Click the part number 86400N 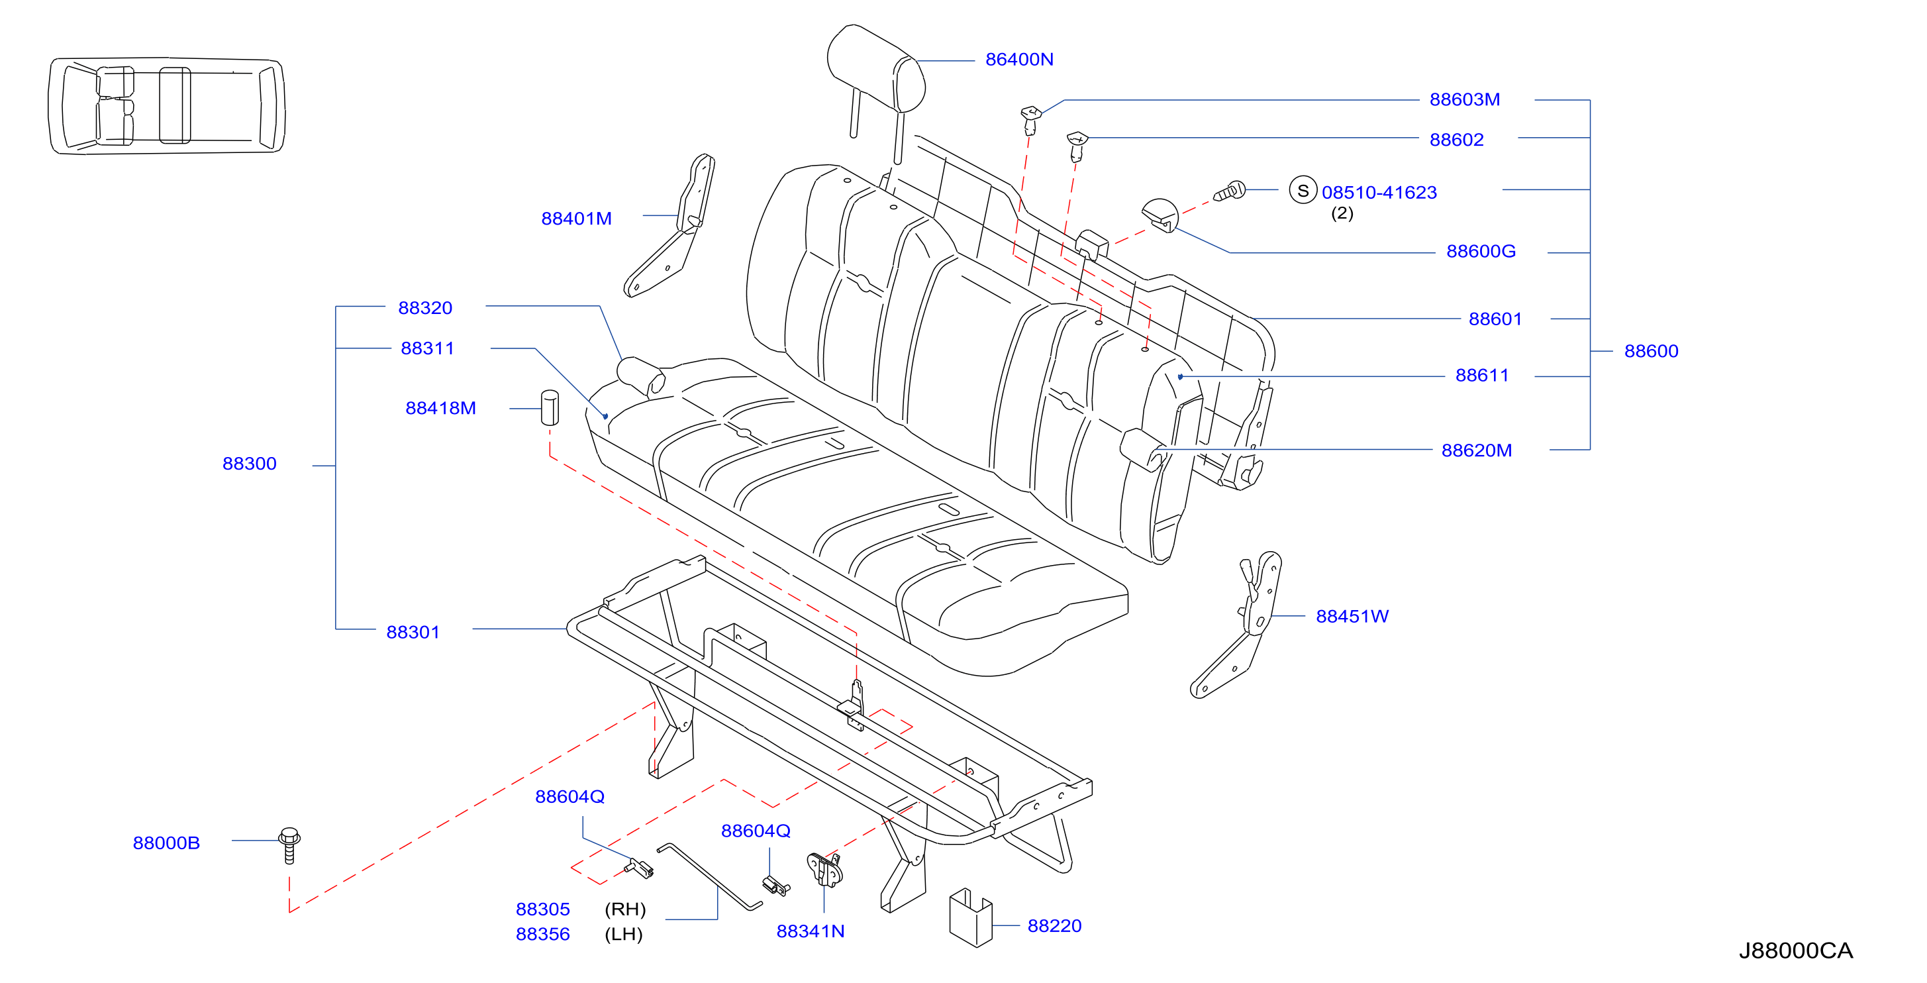click(x=1019, y=60)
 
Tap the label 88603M click(x=1464, y=99)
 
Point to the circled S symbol click(x=1303, y=190)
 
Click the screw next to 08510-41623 click(x=1229, y=191)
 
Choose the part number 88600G click(x=1481, y=251)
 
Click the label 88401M click(x=576, y=219)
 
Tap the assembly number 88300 click(x=249, y=464)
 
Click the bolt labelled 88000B click(x=289, y=845)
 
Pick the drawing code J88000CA click(x=1795, y=951)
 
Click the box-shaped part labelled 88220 click(x=970, y=917)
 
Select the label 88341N click(x=810, y=931)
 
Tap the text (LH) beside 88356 click(x=624, y=935)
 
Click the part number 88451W click(x=1352, y=617)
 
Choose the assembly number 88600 click(x=1651, y=351)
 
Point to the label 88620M click(x=1476, y=450)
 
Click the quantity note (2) click(x=1342, y=213)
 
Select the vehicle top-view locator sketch click(x=166, y=105)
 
